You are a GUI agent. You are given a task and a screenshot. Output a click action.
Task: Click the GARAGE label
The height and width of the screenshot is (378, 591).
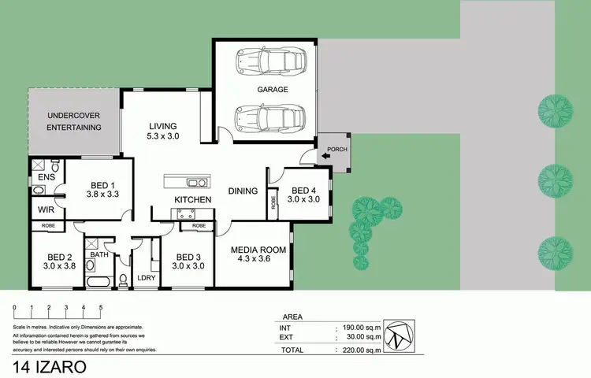[x=272, y=90]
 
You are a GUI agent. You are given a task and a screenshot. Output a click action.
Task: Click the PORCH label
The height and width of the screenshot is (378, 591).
[x=336, y=149]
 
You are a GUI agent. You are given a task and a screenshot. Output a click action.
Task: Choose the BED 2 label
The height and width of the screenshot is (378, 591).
[x=59, y=257]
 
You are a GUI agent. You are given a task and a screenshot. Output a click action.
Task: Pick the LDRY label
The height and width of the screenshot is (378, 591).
[x=146, y=277]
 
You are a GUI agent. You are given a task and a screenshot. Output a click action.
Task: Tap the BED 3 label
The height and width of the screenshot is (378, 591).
[x=189, y=257]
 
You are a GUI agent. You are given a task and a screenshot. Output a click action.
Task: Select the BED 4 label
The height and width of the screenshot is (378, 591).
[x=305, y=191]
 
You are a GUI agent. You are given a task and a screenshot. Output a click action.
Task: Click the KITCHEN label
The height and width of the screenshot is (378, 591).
[x=192, y=200]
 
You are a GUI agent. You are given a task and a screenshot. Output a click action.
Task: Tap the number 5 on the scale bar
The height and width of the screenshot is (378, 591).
[x=101, y=307]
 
